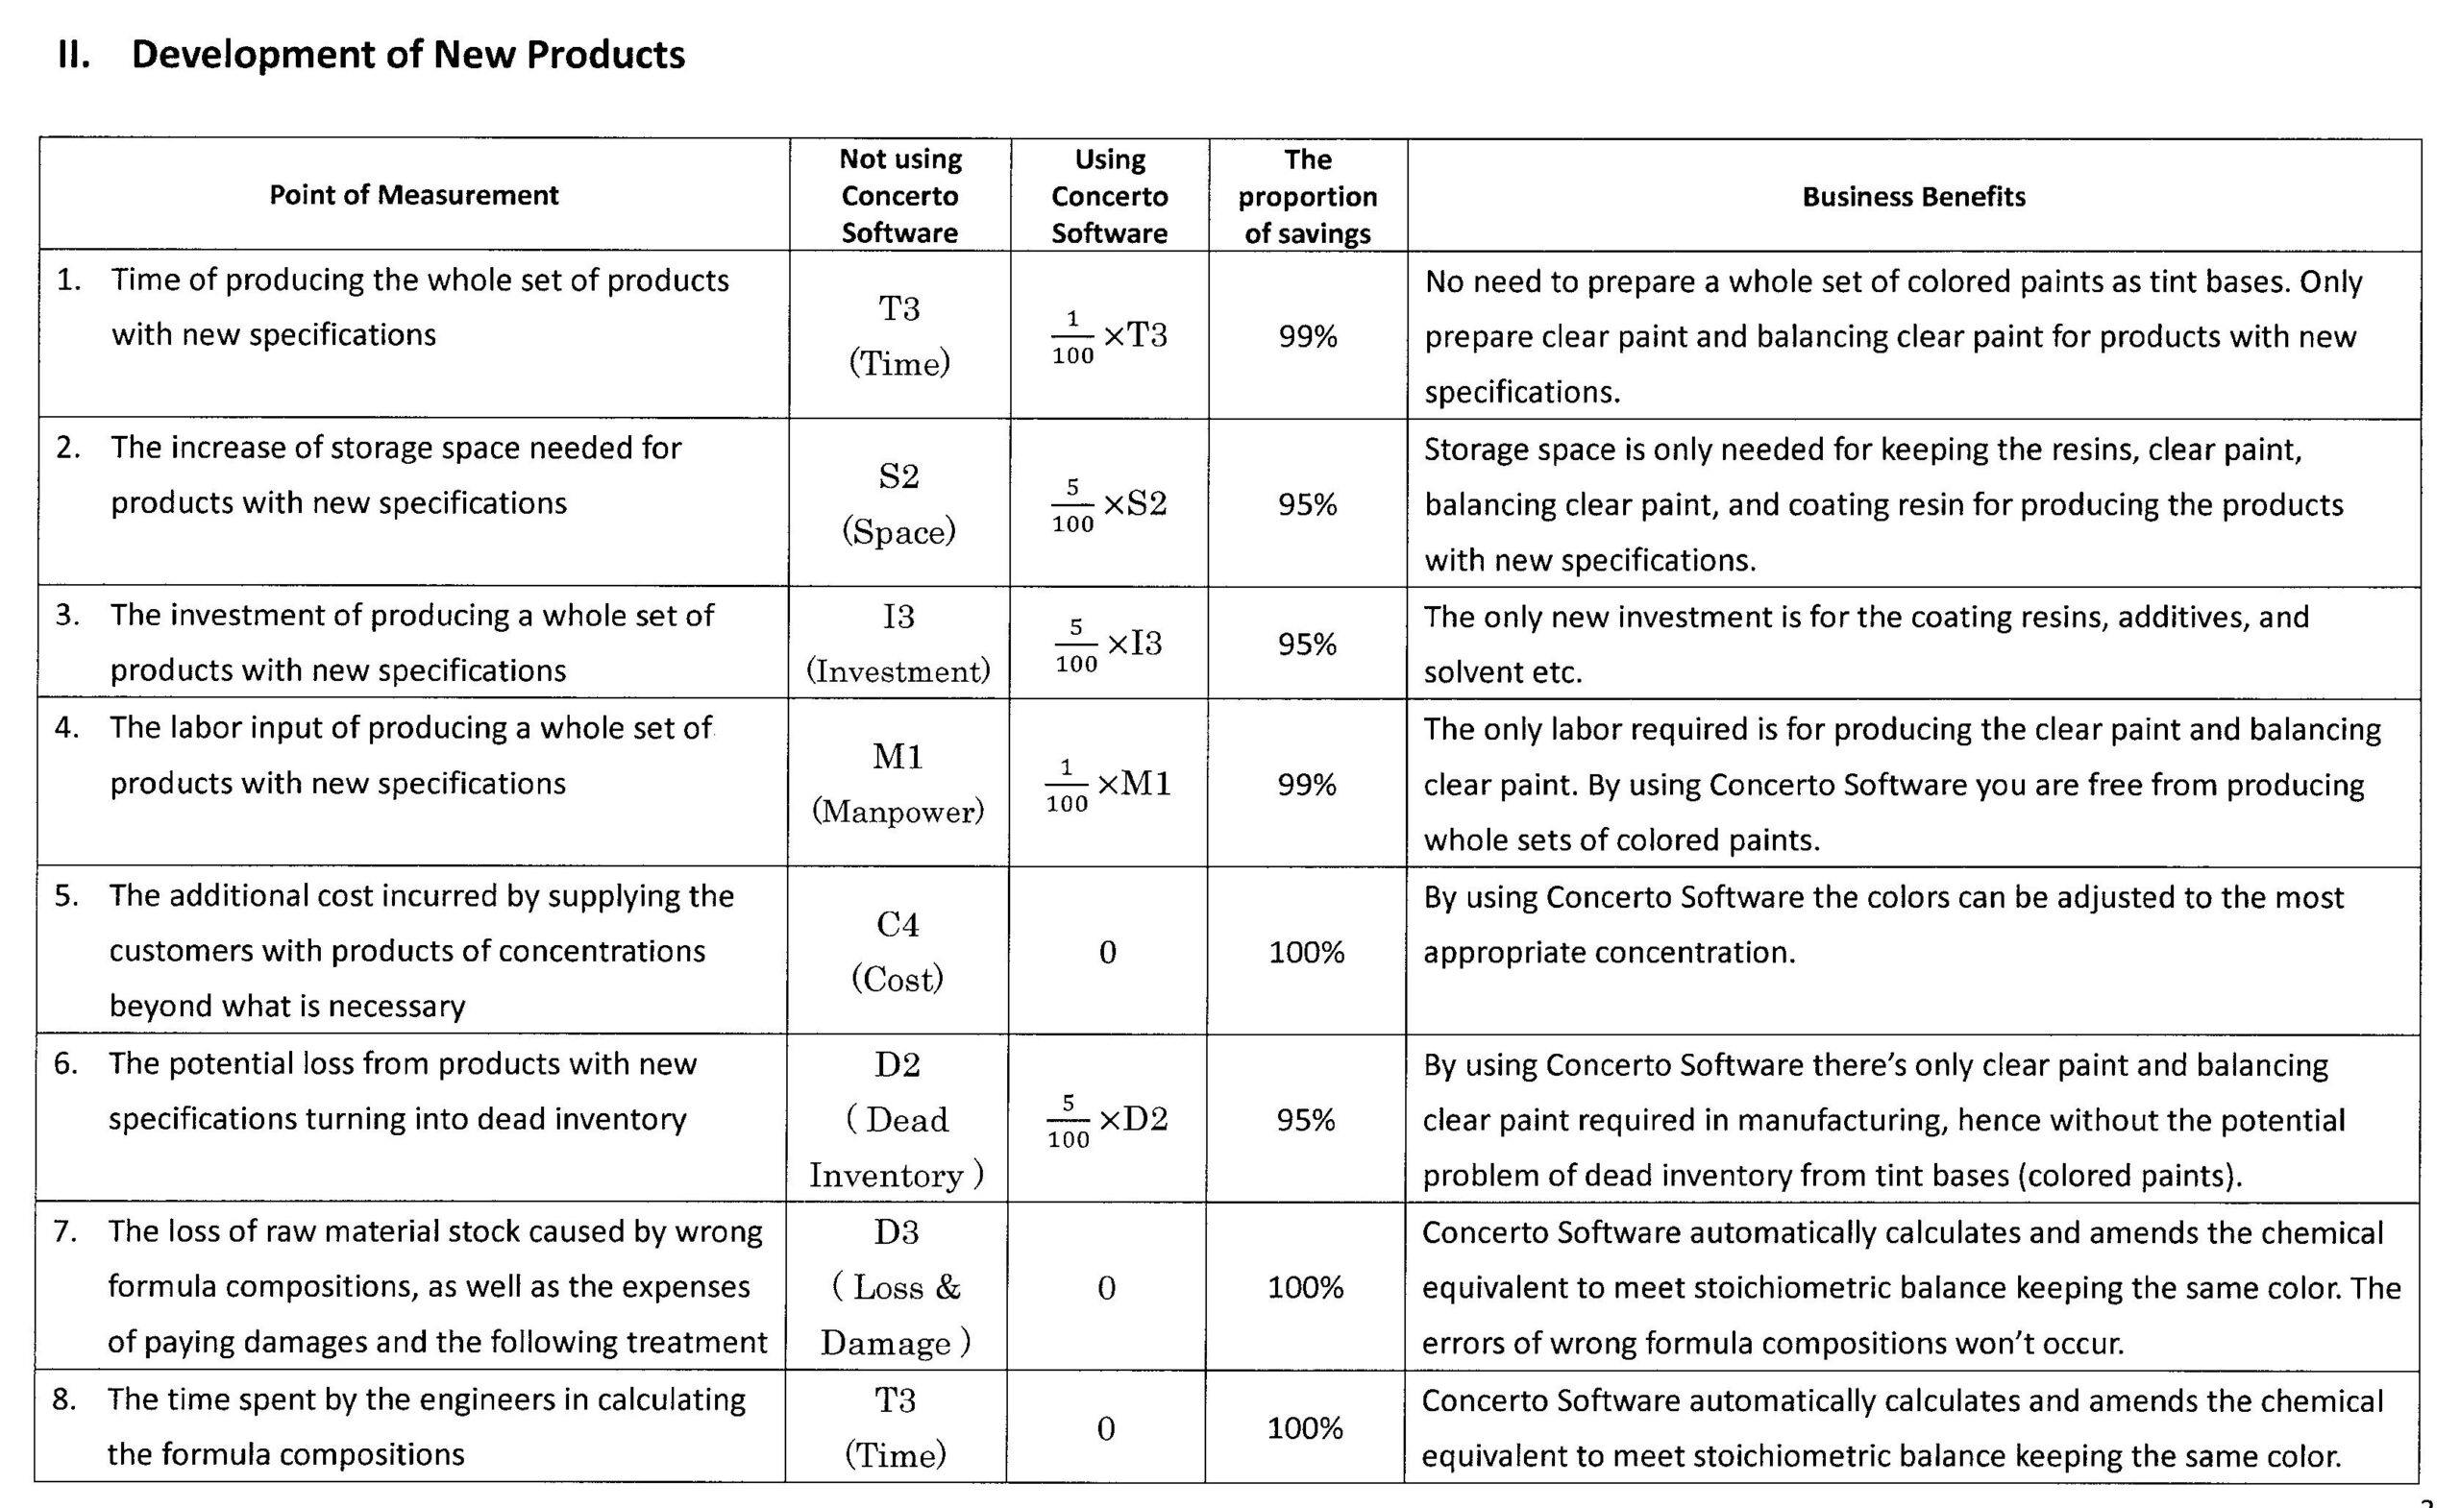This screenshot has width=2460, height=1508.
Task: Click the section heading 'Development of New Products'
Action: pos(407,55)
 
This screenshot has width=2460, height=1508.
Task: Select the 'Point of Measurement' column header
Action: pos(413,195)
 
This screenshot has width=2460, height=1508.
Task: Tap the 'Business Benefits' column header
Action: pos(1913,197)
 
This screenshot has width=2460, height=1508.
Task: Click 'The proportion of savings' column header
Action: pos(1307,197)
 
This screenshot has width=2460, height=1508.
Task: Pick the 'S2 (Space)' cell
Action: pos(898,503)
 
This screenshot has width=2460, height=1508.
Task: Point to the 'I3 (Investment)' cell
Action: pos(898,643)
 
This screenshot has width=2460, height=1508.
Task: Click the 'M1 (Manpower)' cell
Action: pos(898,784)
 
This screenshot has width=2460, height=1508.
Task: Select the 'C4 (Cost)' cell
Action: pos(897,951)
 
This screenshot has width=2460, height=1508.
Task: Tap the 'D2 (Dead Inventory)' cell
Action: pos(897,1119)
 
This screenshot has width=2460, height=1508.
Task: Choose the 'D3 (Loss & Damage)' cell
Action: pos(896,1286)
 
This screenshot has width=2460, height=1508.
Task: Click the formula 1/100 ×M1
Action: pos(1107,785)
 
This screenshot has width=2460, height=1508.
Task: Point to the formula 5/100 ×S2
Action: pos(1108,504)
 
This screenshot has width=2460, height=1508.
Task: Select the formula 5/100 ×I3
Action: pos(1108,644)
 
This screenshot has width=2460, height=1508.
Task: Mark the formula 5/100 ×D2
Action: pos(1106,1120)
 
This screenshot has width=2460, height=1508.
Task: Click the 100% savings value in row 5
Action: pos(1306,952)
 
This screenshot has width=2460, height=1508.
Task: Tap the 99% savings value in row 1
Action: pos(1307,336)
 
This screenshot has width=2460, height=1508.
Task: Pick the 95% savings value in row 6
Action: pos(1305,1120)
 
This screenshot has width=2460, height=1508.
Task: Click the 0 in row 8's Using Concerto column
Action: pos(1105,1428)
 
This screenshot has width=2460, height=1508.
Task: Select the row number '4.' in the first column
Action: pos(67,726)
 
